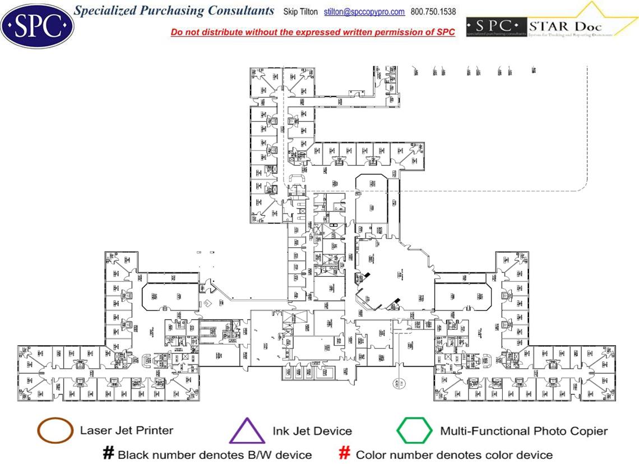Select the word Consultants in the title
pyautogui.click(x=242, y=11)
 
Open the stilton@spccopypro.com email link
pyautogui.click(x=364, y=12)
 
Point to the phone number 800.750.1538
pyautogui.click(x=433, y=12)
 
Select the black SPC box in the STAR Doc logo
pyautogui.click(x=496, y=26)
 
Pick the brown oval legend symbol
pyautogui.click(x=54, y=430)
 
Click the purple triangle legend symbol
pyautogui.click(x=247, y=431)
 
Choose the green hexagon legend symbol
pyautogui.click(x=414, y=431)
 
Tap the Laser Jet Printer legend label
pyautogui.click(x=126, y=430)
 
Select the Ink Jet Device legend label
pyautogui.click(x=312, y=431)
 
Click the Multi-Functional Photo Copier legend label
pyautogui.click(x=524, y=431)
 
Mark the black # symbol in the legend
pyautogui.click(x=109, y=453)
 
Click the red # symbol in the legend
pyautogui.click(x=345, y=453)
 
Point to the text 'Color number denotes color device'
pyautogui.click(x=454, y=454)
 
